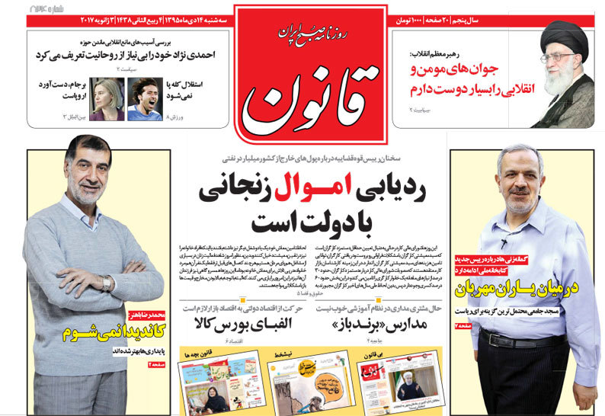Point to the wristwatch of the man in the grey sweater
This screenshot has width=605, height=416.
click(107, 283)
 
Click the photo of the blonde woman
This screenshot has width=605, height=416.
click(108, 99)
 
